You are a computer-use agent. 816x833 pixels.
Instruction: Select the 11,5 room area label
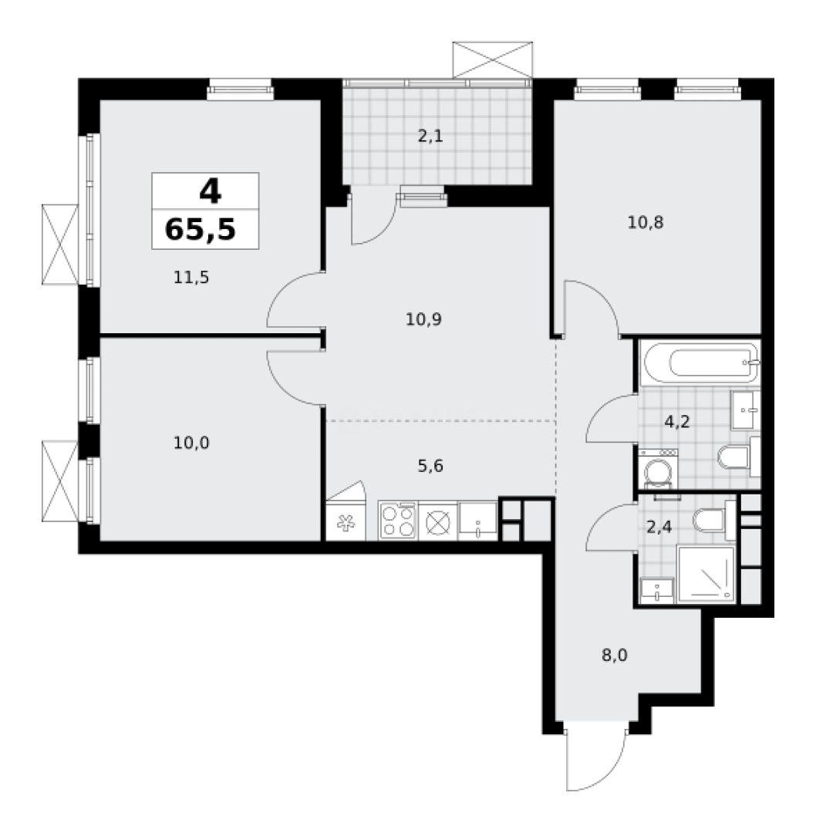pyautogui.click(x=192, y=278)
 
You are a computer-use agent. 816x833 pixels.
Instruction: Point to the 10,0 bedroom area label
pyautogui.click(x=192, y=443)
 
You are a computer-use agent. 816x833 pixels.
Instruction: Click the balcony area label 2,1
pyautogui.click(x=430, y=137)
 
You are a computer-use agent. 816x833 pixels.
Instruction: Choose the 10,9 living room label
pyautogui.click(x=423, y=318)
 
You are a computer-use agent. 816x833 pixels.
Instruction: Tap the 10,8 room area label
pyautogui.click(x=646, y=223)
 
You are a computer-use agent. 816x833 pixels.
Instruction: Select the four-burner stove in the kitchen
pyautogui.click(x=398, y=521)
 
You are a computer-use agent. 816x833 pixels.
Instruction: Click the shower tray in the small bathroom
pyautogui.click(x=705, y=574)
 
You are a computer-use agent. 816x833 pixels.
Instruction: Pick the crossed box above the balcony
pyautogui.click(x=492, y=58)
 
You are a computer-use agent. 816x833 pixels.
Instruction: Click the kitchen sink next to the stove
pyautogui.click(x=478, y=521)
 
